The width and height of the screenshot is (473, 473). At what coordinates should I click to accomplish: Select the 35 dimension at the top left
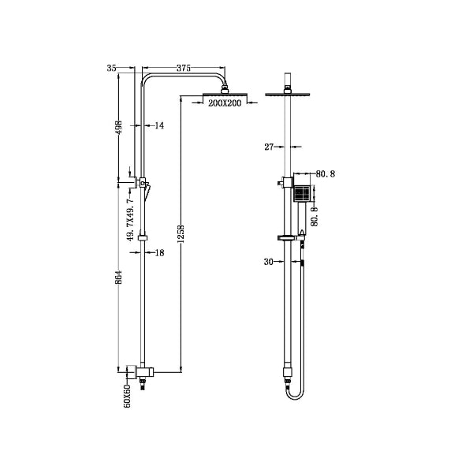(x=111, y=69)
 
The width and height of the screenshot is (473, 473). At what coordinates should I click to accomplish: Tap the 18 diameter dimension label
(x=159, y=253)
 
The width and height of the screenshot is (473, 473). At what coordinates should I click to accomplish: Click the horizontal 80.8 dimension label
(x=326, y=173)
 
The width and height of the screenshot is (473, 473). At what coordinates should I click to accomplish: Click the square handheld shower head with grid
(x=302, y=193)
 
